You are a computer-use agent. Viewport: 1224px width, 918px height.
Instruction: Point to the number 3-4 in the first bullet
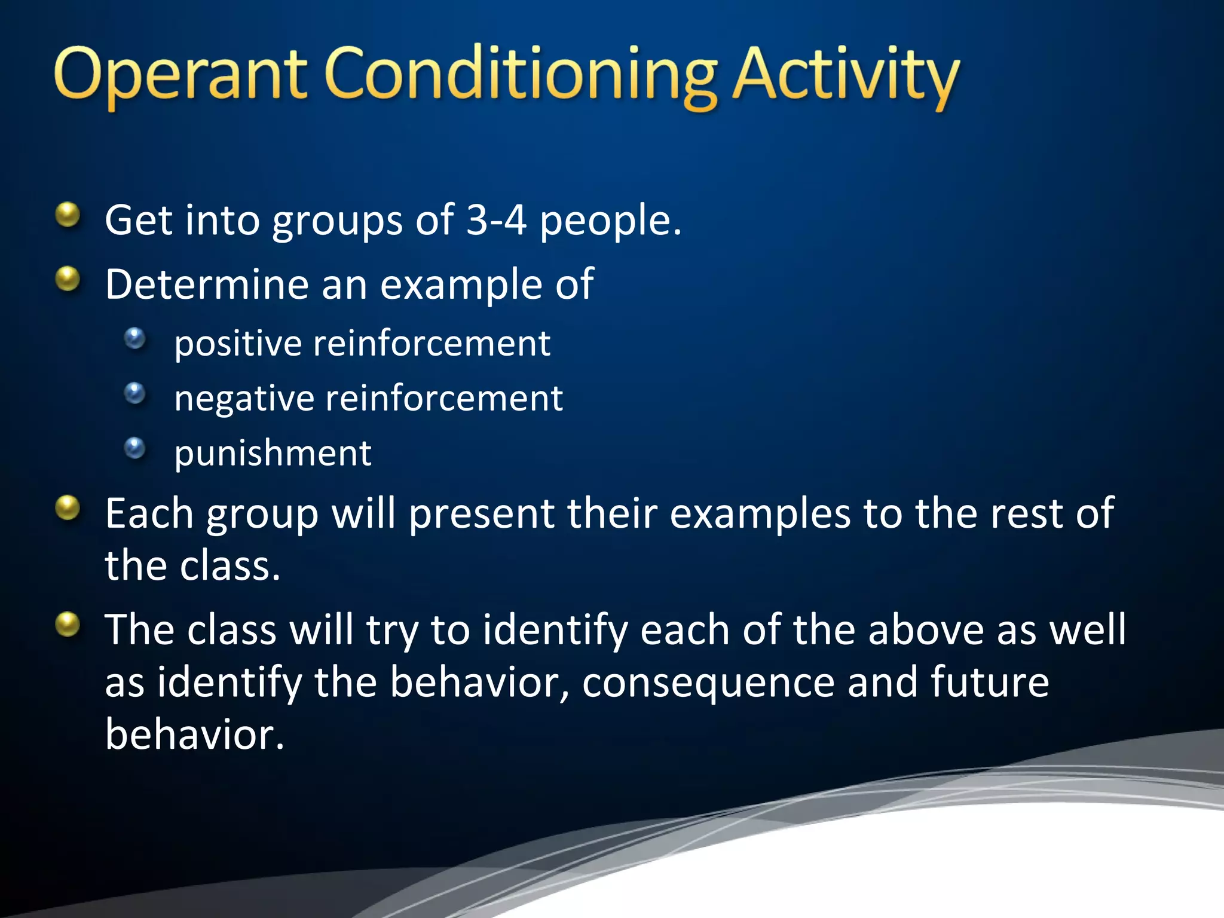(496, 220)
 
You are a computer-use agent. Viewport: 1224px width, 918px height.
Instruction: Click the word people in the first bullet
(610, 221)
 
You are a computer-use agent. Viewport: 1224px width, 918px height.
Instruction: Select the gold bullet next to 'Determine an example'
(68, 279)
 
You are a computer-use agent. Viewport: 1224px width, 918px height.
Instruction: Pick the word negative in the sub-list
(244, 399)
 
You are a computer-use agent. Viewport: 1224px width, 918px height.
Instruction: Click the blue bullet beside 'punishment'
(135, 448)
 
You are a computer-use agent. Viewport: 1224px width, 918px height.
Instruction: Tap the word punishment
(273, 454)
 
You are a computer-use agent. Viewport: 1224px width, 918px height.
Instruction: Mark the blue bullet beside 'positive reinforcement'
(135, 338)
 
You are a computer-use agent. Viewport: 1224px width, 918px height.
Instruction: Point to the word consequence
(708, 683)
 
